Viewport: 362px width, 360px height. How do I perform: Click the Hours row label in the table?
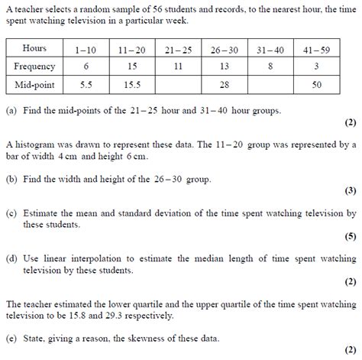34,49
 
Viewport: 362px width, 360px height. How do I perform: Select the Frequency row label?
35,66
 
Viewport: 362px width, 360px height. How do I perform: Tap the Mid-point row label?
35,83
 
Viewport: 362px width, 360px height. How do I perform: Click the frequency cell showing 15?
132,66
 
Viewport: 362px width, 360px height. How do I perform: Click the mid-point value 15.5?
132,83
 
